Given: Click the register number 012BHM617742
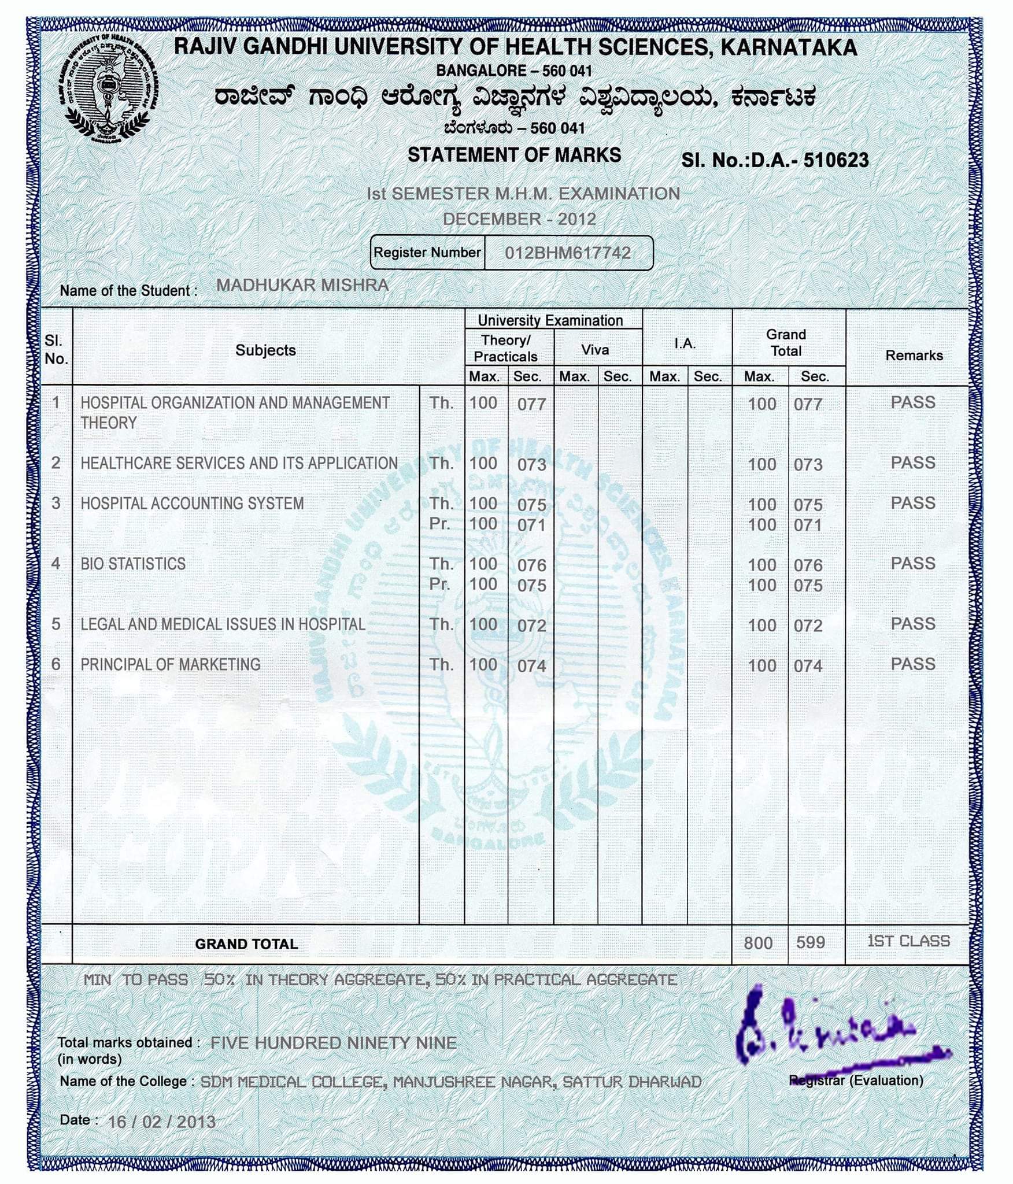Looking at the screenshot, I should (568, 253).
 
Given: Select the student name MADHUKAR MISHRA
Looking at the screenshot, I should (302, 285).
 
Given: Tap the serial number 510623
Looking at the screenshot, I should (835, 160).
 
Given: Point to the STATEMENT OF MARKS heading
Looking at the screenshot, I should (514, 155).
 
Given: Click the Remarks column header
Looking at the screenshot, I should (914, 355).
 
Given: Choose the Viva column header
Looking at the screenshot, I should (595, 350).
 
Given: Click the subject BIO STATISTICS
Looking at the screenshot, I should (133, 564).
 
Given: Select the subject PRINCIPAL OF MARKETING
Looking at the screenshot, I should (171, 664).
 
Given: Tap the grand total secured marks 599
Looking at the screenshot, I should (810, 942).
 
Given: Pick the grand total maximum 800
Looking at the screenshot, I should (758, 943).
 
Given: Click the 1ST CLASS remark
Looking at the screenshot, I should (908, 941).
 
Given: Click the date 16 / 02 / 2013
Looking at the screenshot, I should (162, 1122).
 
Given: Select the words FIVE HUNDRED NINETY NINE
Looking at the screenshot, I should (334, 1043).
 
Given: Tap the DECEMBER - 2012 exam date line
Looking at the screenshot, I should (519, 219).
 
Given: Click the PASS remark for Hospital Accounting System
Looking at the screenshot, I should (912, 503).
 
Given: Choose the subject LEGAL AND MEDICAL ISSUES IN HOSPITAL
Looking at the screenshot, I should (223, 624).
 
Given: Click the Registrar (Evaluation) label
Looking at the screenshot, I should (856, 1080).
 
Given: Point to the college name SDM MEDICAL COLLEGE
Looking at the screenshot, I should (292, 1082).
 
